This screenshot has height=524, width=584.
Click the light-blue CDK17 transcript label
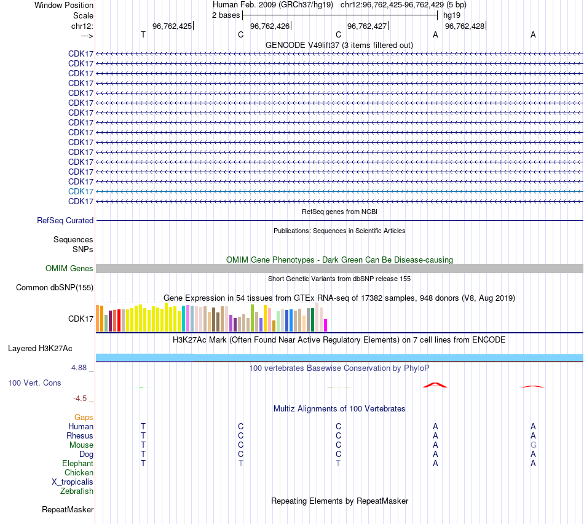point(81,191)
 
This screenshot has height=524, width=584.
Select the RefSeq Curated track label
point(65,220)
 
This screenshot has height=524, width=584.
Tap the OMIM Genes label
point(69,268)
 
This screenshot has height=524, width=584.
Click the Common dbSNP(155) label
point(55,287)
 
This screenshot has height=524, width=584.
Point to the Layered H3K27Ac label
point(40,348)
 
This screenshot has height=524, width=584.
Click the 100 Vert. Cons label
point(34,383)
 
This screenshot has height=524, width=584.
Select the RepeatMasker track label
point(68,509)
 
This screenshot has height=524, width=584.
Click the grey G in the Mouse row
point(533,445)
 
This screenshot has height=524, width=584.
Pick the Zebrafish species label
point(77,491)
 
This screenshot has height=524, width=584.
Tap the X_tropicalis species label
point(73,482)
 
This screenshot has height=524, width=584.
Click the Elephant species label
point(77,463)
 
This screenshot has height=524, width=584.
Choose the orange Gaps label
point(84,417)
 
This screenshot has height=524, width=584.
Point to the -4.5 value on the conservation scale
point(82,398)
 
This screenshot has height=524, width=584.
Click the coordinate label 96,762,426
point(270,26)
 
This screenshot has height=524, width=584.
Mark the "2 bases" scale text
point(226,15)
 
